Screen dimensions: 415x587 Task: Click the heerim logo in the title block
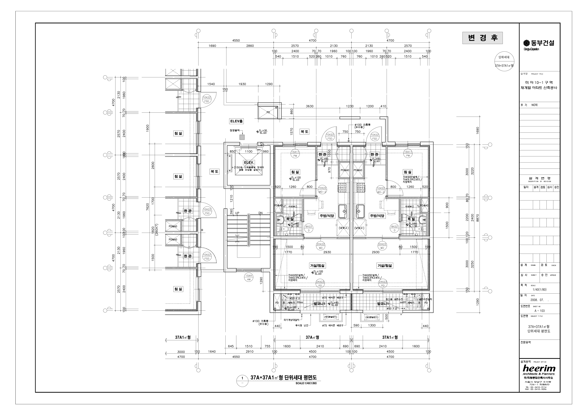click(x=539, y=368)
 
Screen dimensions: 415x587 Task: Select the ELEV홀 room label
click(x=236, y=121)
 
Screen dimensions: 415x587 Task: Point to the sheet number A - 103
click(x=539, y=311)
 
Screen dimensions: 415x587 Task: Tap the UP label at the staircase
click(x=237, y=213)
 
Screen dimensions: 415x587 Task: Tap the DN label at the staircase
click(x=261, y=213)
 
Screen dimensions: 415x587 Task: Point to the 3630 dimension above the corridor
click(x=310, y=106)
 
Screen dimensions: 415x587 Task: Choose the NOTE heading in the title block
click(x=534, y=105)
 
